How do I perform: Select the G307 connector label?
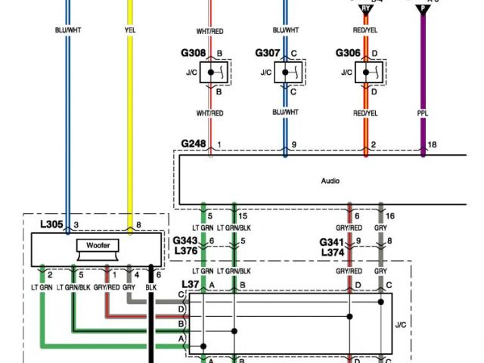click(x=267, y=54)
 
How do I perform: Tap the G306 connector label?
click(x=349, y=54)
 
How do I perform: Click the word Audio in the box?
click(x=330, y=181)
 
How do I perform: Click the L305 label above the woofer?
click(x=53, y=225)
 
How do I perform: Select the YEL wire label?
click(x=130, y=31)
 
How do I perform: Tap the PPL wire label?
click(x=423, y=113)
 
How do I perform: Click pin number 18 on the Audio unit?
click(x=432, y=144)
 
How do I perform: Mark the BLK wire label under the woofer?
click(x=152, y=288)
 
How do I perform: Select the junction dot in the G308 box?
click(x=211, y=73)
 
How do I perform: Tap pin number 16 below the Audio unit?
click(x=389, y=216)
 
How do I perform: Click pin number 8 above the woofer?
click(x=138, y=225)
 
